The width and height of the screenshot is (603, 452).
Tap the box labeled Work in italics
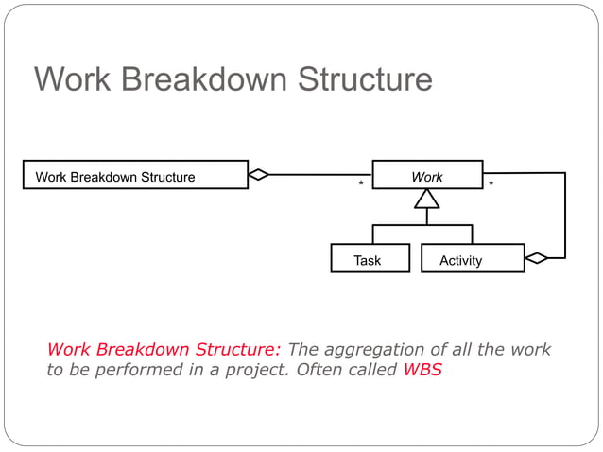tap(427, 176)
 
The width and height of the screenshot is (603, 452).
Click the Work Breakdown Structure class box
tap(135, 176)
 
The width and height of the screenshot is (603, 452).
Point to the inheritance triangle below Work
tap(427, 199)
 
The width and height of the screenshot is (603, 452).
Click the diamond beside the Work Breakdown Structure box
tap(258, 174)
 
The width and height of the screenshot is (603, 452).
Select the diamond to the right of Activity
tap(536, 257)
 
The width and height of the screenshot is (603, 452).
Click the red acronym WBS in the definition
tap(422, 370)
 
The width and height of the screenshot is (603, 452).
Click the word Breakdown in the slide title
tap(206, 79)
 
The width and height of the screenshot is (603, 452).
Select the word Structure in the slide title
tap(365, 79)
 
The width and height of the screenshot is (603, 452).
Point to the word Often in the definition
tap(319, 370)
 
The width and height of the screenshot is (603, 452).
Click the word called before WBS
tap(372, 370)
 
